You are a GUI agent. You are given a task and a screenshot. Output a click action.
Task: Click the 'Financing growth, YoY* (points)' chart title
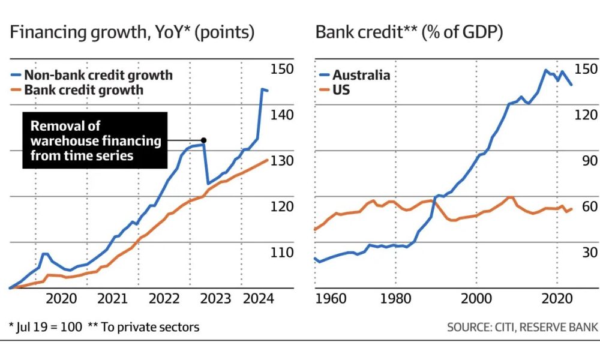tap(133, 34)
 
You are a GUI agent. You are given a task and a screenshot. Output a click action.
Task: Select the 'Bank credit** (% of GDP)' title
tap(409, 34)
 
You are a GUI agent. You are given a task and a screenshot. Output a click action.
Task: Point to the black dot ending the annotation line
tap(205, 141)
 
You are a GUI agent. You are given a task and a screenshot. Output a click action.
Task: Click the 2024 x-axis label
tap(260, 298)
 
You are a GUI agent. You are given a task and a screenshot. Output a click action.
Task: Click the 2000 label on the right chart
tap(477, 298)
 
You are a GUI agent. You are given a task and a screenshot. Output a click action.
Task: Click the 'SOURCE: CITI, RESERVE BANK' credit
tap(522, 327)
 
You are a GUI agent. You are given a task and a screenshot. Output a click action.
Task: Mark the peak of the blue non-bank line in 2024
tap(262, 89)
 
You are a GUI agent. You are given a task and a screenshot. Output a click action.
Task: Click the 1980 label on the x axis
tap(395, 298)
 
